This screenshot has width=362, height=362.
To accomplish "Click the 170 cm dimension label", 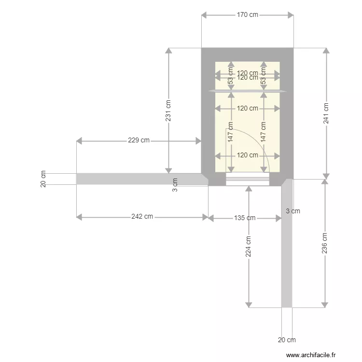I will click(247, 15).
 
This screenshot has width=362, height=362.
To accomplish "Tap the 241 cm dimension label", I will click(326, 113).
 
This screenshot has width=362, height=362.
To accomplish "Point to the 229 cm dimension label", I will click(139, 140).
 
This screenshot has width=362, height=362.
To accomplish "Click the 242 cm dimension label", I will click(142, 217).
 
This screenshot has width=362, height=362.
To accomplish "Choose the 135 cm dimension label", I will click(245, 218).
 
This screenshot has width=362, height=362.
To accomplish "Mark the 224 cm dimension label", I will click(249, 246).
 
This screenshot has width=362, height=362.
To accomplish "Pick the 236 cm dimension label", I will click(324, 243).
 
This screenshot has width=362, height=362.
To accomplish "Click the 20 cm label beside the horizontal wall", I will click(43, 179).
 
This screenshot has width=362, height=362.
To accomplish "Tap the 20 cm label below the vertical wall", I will click(287, 340).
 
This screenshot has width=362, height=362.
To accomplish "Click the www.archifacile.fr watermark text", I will click(310, 355).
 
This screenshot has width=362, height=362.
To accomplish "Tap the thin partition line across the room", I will click(247, 91).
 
